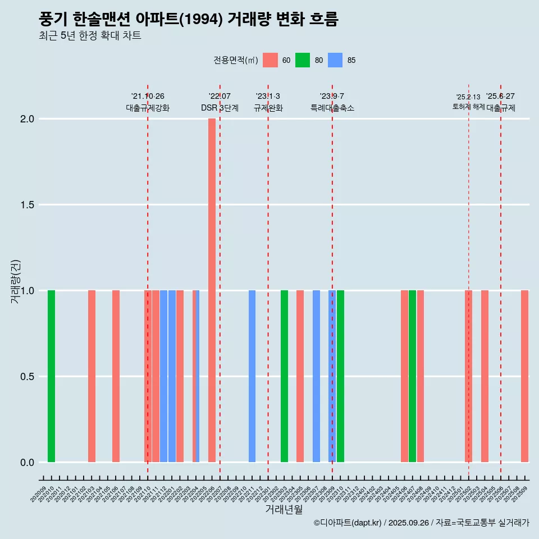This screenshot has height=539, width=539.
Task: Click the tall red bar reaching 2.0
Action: pos(212,290)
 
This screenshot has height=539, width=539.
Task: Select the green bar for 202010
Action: pos(51,376)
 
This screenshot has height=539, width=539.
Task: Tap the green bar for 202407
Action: pos(412,376)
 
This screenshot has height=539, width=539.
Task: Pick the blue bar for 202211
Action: pos(252,376)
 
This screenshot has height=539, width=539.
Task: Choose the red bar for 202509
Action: pos(524,376)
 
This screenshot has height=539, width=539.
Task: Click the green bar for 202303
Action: pos(284,376)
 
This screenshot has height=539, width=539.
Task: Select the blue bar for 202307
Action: pos(316,376)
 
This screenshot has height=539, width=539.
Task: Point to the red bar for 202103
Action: pos(92,376)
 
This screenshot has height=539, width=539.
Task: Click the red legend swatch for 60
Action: pos(270,60)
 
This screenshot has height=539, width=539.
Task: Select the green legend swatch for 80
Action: pos(303,60)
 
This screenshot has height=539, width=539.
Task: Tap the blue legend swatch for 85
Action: pos(335,60)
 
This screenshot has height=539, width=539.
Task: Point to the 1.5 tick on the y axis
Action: pos(27,205)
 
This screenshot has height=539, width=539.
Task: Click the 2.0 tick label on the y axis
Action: pos(27,119)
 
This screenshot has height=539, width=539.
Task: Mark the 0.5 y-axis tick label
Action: pos(27,377)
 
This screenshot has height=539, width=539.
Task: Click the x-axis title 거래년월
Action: pos(284,509)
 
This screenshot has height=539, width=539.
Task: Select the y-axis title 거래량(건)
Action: pos(16,282)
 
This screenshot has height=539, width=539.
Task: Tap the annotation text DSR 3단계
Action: pos(220,108)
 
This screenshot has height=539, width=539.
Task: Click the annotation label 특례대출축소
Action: pos(332,108)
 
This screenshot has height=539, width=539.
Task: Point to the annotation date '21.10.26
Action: pos(148,97)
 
